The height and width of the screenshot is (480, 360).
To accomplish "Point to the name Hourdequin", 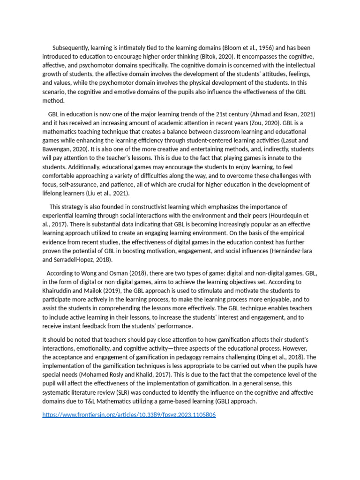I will click(x=279, y=216).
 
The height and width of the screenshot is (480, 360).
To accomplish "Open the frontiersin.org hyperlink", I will click(x=129, y=415).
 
